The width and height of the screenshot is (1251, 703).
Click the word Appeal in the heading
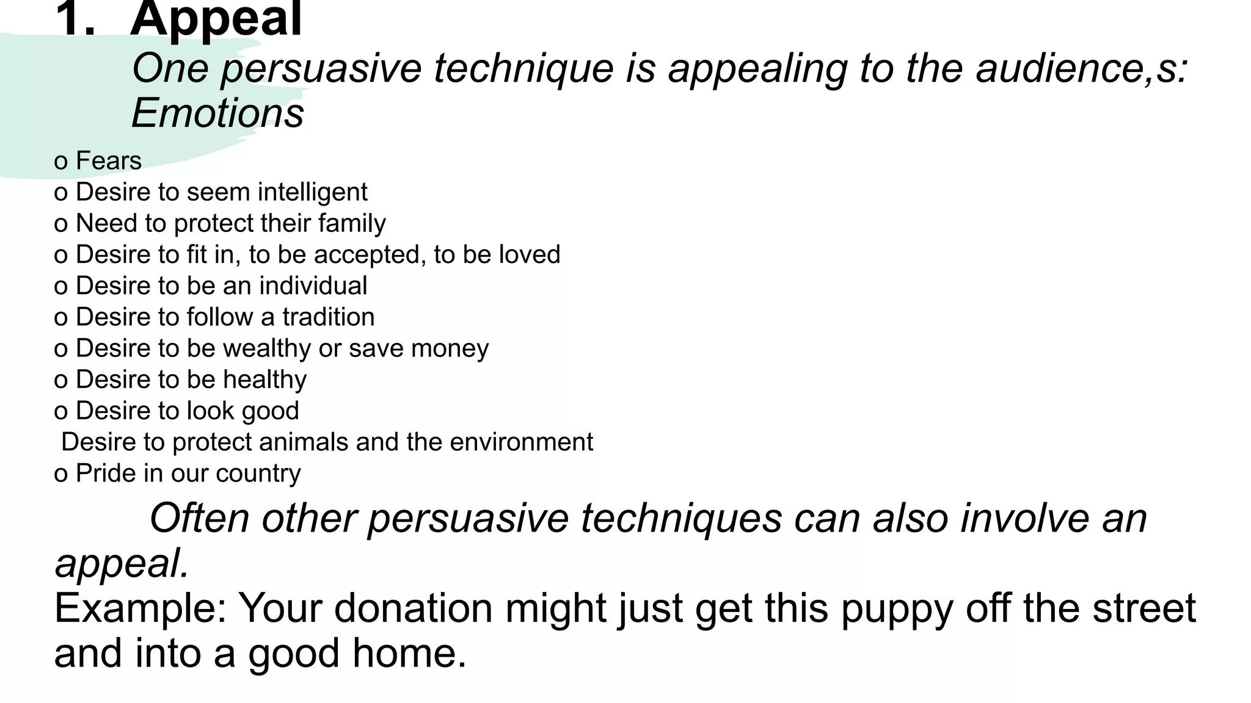tap(216, 20)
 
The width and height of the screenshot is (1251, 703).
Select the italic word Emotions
tap(217, 114)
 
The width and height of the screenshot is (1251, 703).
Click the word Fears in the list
tap(109, 161)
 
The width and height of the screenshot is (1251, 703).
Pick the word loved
tap(529, 254)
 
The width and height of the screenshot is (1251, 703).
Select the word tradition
tap(328, 317)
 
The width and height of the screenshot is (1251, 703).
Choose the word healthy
tap(264, 380)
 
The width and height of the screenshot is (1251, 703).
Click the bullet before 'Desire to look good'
tap(60, 413)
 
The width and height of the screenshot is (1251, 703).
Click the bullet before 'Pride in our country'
tap(60, 475)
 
